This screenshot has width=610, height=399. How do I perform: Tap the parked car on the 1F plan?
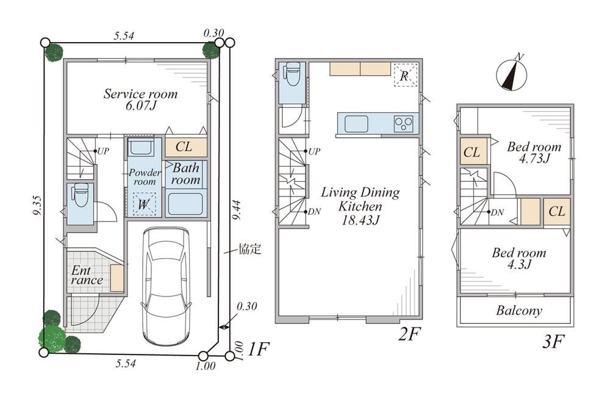166,286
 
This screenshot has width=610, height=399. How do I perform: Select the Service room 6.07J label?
140,99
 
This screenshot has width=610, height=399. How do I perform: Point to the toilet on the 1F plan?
81,196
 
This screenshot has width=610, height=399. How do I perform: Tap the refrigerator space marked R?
405,75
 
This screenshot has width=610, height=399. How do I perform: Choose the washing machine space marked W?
143,204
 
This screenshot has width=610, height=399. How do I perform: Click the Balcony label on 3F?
519,311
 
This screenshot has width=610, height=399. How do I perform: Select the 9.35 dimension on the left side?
37,206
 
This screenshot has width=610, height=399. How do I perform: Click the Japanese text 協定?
249,249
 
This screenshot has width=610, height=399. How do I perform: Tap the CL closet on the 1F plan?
184,147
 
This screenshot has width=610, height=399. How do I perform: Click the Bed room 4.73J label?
534,153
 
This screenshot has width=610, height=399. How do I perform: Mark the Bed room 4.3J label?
519,259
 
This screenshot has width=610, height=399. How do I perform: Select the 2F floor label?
410,334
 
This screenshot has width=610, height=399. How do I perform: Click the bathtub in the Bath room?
185,203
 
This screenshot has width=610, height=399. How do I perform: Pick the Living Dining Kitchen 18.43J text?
361,206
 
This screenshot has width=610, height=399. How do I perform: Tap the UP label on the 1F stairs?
102,151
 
